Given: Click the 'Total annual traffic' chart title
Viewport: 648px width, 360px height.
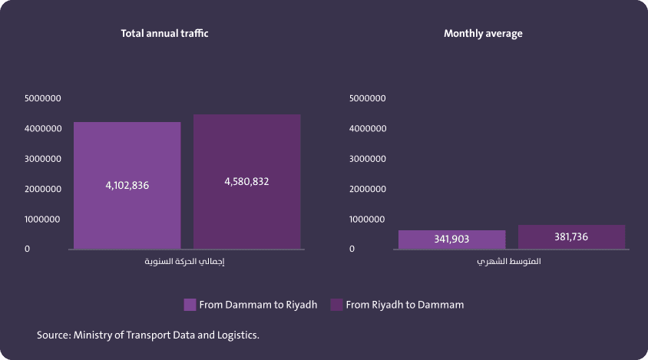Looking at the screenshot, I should (x=164, y=34).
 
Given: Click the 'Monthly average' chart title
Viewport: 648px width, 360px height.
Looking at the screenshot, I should (x=483, y=34).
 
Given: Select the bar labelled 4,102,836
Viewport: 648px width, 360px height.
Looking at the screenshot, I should (x=127, y=154).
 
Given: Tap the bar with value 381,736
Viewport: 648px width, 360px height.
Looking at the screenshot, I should (x=571, y=237).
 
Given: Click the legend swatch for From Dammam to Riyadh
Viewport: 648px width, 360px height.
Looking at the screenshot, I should (x=190, y=305).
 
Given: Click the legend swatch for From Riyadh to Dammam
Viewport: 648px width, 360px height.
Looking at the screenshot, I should (x=336, y=305).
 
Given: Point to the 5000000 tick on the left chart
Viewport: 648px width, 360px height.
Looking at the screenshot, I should (x=43, y=98).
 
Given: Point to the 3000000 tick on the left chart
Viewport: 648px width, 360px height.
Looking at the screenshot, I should (x=43, y=159).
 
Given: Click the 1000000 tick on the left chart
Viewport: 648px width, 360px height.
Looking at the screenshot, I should (x=43, y=219).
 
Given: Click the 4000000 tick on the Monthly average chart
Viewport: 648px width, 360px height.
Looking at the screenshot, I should (x=367, y=128).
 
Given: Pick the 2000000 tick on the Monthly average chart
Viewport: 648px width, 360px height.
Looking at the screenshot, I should (x=367, y=189).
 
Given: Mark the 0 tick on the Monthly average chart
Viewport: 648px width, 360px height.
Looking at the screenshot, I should (x=352, y=249).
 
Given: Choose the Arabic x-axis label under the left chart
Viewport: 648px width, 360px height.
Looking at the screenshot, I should (x=189, y=262).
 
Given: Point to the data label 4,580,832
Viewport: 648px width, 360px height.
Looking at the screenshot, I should (x=246, y=182).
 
